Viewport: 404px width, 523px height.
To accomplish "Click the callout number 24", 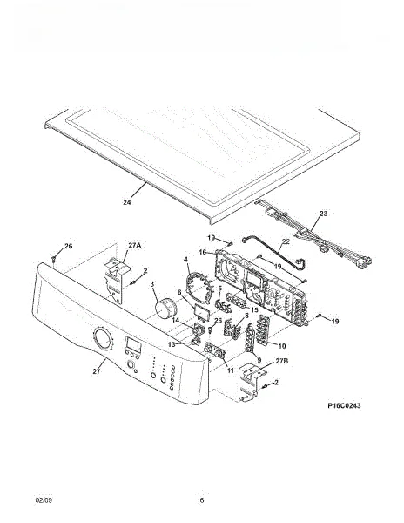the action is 127,202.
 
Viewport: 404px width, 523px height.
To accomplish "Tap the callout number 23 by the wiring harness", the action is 323,214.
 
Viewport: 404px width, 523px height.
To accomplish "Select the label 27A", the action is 134,245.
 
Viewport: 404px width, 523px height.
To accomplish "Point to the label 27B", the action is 282,361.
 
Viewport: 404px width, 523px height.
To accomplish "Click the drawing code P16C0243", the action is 344,405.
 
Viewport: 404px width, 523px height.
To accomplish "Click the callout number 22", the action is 286,241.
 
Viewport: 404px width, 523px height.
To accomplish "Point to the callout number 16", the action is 203,252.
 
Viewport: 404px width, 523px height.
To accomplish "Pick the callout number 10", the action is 282,346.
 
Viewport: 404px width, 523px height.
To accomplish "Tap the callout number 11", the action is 231,370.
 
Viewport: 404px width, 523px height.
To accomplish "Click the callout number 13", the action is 172,344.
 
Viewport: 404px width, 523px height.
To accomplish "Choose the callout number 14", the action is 176,320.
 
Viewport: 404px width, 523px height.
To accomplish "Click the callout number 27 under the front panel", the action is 97,371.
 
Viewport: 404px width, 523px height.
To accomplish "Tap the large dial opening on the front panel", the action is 103,339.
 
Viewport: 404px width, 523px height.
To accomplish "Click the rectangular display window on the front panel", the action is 132,344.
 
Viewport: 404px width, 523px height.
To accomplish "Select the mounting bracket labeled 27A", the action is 113,280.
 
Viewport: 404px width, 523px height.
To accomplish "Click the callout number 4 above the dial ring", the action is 185,259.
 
